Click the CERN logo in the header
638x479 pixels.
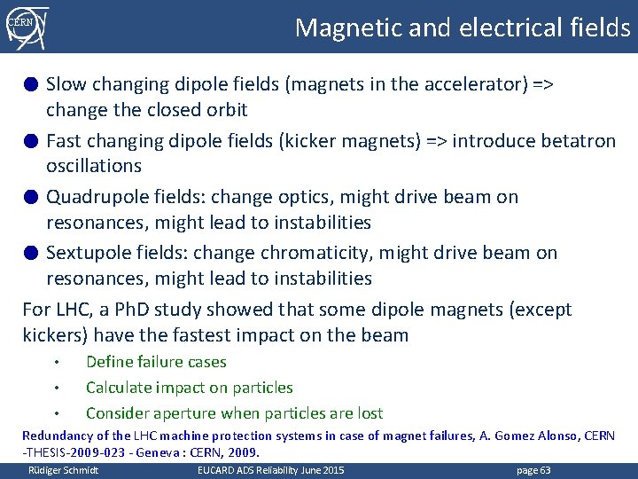(27, 26)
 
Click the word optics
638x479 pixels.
(307, 197)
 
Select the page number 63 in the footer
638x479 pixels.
(544, 469)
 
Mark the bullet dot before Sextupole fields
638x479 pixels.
(31, 253)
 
